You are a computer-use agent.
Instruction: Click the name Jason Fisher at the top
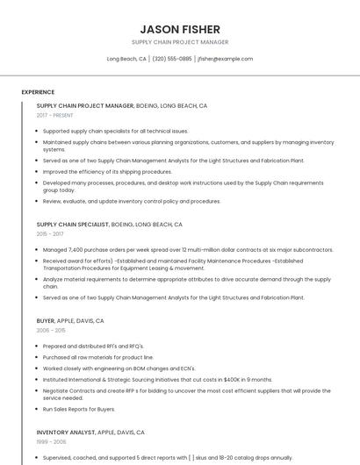[180, 29]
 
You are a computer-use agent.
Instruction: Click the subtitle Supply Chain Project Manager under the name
[180, 42]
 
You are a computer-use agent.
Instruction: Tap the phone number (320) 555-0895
[172, 59]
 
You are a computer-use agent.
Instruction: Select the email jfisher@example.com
[226, 59]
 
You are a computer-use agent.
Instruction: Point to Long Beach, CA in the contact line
[126, 59]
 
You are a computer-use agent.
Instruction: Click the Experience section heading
[38, 92]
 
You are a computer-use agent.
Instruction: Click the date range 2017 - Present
[54, 115]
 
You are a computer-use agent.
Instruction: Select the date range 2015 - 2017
[50, 234]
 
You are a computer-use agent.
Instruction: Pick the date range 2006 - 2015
[50, 331]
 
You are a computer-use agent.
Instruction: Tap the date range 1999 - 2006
[51, 442]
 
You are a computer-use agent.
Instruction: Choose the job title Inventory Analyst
[66, 433]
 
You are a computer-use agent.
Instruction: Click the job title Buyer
[46, 321]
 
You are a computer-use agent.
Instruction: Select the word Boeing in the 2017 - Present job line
[150, 105]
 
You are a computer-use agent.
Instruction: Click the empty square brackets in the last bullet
[192, 457]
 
